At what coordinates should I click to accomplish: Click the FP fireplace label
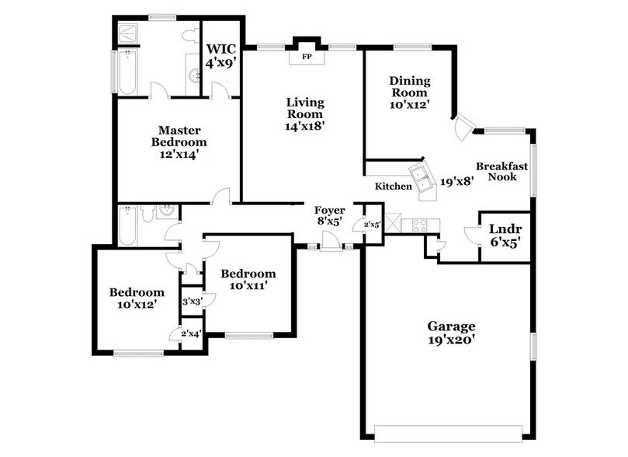point(306,57)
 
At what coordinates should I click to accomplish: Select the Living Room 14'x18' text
point(305,113)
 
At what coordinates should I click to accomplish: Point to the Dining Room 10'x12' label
point(410,92)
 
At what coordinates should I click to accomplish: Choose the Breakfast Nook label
point(501,171)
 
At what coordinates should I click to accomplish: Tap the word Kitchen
point(394,187)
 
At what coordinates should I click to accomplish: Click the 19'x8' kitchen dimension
point(457,182)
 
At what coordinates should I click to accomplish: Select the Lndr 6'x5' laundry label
point(505,235)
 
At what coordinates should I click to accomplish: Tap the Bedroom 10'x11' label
point(248,280)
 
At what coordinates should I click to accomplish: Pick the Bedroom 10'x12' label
point(136,298)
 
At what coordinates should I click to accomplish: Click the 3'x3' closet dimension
point(192,301)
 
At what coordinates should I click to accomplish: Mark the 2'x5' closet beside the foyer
point(373,225)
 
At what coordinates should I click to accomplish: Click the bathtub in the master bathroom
point(126,72)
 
